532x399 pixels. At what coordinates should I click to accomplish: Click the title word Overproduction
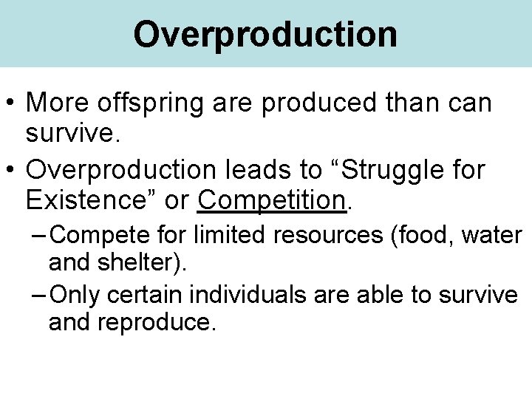click(x=265, y=34)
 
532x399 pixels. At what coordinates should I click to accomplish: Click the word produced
click(x=321, y=104)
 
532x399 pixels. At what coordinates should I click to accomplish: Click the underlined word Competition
click(x=272, y=199)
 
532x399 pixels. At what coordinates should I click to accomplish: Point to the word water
click(x=495, y=236)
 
